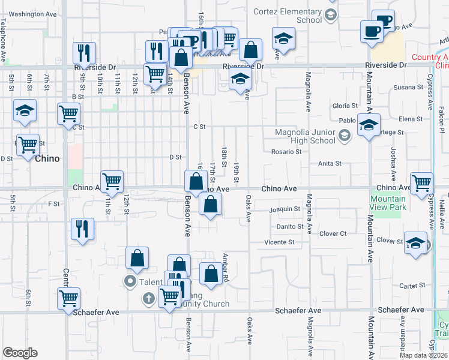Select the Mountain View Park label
pyautogui.click(x=388, y=203)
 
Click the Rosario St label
pyautogui.click(x=286, y=152)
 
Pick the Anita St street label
pyautogui.click(x=330, y=163)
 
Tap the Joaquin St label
pyautogui.click(x=285, y=209)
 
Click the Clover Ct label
pyautogui.click(x=333, y=233)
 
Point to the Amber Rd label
pyautogui.click(x=227, y=267)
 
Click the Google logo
pyautogui.click(x=20, y=352)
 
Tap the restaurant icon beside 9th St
pyautogui.click(x=84, y=53)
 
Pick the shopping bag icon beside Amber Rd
pyautogui.click(x=210, y=274)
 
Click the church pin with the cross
pyautogui.click(x=149, y=298)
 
